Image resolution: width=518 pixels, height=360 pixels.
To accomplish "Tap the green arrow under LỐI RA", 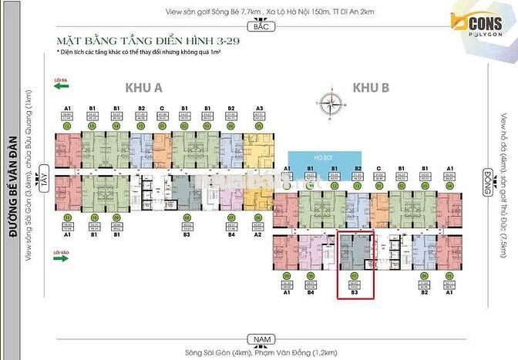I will (x=62, y=87).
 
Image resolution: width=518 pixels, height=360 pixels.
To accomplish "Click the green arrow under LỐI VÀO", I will (x=62, y=259).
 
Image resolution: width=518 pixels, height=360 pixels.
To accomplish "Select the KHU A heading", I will (x=143, y=88).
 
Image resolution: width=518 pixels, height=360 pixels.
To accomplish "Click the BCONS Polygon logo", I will (x=479, y=25).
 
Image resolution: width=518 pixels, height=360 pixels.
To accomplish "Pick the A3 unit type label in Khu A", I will (x=259, y=109).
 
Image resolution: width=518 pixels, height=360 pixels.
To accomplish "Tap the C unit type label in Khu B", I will (x=378, y=167).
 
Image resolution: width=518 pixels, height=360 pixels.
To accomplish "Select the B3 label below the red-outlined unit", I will (x=355, y=293).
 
